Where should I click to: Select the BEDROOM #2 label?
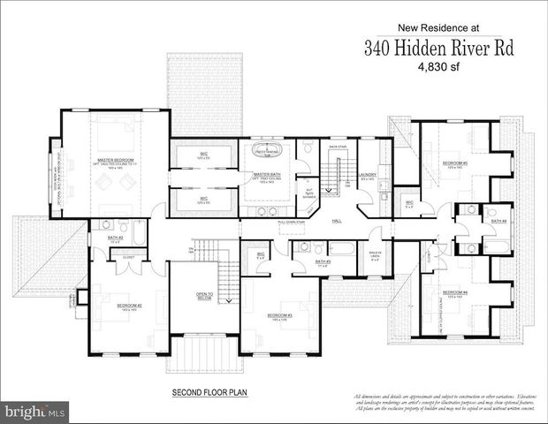[x=129, y=307]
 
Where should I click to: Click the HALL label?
[x=337, y=221]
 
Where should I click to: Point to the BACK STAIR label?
[x=337, y=148]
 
